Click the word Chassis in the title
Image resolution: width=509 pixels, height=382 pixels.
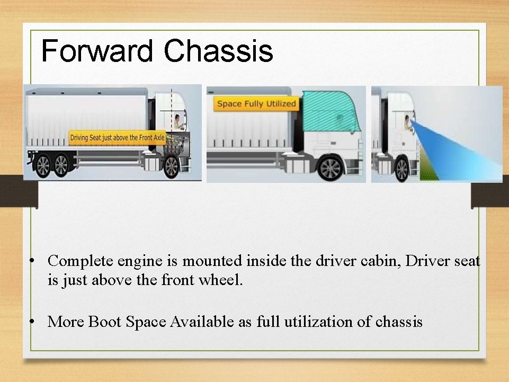(x=218, y=51)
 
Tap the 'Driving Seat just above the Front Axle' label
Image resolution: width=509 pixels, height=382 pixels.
(x=118, y=138)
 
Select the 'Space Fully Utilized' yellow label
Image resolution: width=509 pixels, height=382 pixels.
(x=256, y=104)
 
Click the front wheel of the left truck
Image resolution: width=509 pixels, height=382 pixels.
(x=171, y=166)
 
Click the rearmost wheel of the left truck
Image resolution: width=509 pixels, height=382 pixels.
(x=42, y=166)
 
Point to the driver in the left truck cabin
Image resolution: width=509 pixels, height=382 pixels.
(x=178, y=122)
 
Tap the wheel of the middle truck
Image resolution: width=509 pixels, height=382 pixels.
(x=330, y=168)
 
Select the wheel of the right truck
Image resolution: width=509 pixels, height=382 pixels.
(x=401, y=169)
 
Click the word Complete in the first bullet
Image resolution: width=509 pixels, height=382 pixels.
(x=81, y=261)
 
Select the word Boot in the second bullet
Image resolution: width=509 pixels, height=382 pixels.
(x=105, y=322)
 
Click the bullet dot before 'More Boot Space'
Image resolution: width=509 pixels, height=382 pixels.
(x=33, y=322)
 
